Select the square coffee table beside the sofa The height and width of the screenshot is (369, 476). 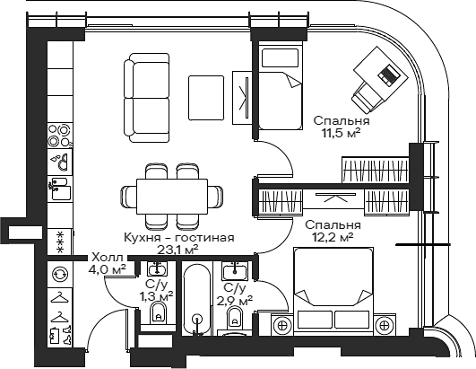205,92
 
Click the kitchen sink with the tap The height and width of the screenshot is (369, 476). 60,162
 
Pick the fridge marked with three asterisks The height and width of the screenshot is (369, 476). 60,239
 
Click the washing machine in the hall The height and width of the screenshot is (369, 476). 60,275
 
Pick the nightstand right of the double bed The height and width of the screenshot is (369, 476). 385,324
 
